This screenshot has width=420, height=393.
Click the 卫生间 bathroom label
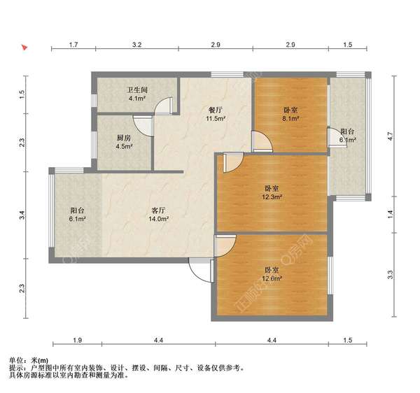tap(136, 90)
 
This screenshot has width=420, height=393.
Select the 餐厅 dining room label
tap(215, 110)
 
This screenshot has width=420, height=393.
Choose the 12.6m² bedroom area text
tap(273, 278)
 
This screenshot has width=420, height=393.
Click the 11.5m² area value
tap(215, 119)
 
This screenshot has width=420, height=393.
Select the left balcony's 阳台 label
tap(78, 210)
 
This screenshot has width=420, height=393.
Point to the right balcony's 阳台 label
tap(348, 131)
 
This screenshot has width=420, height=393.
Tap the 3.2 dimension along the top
tap(137, 45)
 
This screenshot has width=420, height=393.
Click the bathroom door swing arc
tap(163, 106)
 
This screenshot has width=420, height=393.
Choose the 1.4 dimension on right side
tap(390, 215)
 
